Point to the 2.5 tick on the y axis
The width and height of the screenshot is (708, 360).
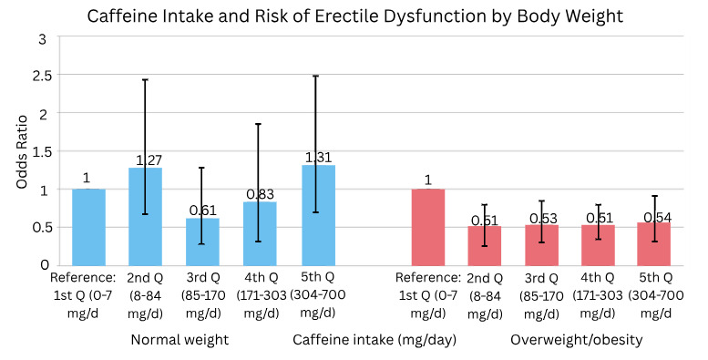click(x=39, y=76)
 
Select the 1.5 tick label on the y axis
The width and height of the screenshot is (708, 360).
click(x=39, y=151)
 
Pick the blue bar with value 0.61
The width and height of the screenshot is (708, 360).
click(x=201, y=242)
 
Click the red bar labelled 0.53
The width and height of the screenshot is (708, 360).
click(x=540, y=245)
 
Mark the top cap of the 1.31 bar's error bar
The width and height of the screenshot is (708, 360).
click(x=314, y=76)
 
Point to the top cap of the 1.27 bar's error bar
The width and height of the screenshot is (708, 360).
click(x=145, y=79)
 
